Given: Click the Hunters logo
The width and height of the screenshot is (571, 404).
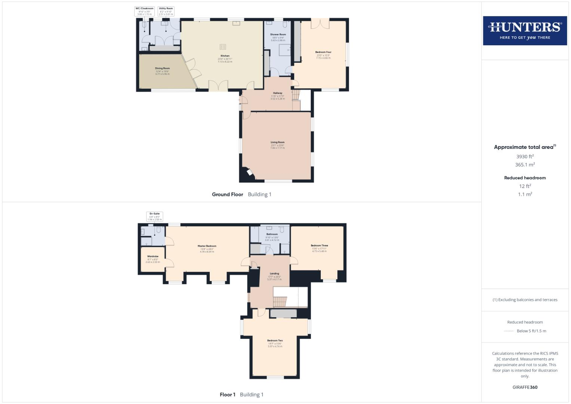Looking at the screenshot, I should [525, 31].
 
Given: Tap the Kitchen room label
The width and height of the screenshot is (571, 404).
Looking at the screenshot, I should [225, 56].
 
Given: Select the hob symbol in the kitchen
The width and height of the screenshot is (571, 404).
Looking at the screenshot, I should [222, 47].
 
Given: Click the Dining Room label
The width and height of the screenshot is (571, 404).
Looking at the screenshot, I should [162, 68].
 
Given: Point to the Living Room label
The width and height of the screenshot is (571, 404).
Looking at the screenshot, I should [277, 143].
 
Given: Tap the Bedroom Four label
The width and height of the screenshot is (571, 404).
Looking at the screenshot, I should [323, 52].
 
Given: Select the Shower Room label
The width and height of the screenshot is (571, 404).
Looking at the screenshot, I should [278, 34].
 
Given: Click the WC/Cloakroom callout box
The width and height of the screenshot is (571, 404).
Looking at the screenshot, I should [144, 11].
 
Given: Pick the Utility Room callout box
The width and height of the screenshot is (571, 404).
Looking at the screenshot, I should [166, 11].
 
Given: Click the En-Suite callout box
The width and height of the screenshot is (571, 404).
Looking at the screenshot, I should [154, 217].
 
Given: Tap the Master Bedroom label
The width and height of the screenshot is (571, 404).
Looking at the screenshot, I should [207, 246].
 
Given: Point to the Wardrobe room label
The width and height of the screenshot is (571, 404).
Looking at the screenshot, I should [153, 257].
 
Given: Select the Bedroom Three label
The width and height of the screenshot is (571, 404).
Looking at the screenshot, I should [319, 246].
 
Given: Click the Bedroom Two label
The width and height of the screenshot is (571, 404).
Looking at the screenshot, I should [275, 341].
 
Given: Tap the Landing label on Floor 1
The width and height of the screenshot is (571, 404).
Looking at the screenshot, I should [274, 274].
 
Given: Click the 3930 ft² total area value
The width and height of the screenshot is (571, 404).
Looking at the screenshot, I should [525, 156].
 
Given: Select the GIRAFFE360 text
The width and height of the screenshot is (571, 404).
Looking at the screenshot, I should [525, 387].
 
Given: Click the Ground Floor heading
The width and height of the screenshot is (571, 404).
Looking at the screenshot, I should [227, 195].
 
